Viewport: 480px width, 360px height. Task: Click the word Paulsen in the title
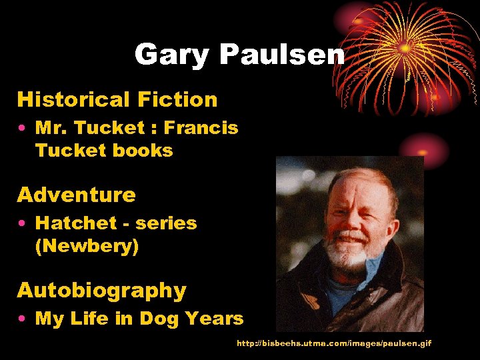coord(283,55)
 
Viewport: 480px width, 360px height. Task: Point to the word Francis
coord(201,128)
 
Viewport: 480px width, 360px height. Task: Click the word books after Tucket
coord(147,151)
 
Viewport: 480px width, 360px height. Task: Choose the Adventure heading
coord(76,195)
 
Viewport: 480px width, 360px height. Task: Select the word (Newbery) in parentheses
coord(87,247)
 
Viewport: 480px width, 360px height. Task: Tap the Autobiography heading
coord(101,291)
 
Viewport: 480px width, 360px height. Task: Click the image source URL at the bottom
coord(334,343)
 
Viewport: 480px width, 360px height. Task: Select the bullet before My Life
coord(22,319)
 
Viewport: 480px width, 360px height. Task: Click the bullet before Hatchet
coord(22,224)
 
